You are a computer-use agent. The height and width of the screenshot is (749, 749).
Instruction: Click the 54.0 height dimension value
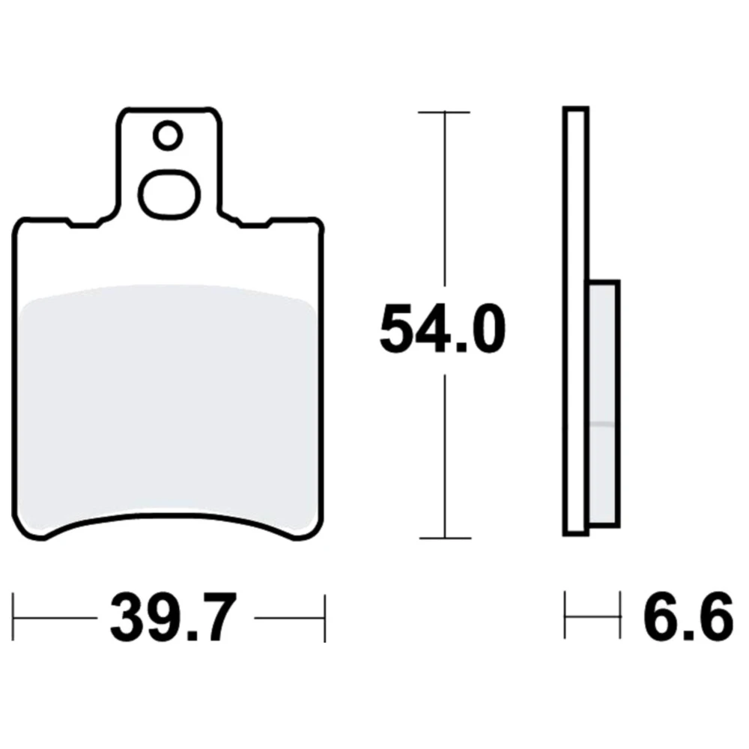coord(443,330)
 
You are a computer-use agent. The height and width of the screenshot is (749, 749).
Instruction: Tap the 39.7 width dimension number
coord(174,618)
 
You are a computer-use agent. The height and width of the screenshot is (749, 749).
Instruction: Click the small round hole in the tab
coord(168,136)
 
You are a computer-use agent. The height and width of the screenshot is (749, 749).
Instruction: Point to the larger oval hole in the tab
coord(169,195)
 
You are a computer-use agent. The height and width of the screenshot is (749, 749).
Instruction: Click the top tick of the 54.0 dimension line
coord(444,112)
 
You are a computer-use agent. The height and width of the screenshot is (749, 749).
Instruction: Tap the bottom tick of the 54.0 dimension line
coord(445,538)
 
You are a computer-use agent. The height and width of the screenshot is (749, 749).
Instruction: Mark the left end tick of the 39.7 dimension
coord(13,617)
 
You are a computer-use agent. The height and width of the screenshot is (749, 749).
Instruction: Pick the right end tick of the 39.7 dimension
coord(325,618)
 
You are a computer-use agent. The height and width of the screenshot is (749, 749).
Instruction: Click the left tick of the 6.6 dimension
coord(565,615)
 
